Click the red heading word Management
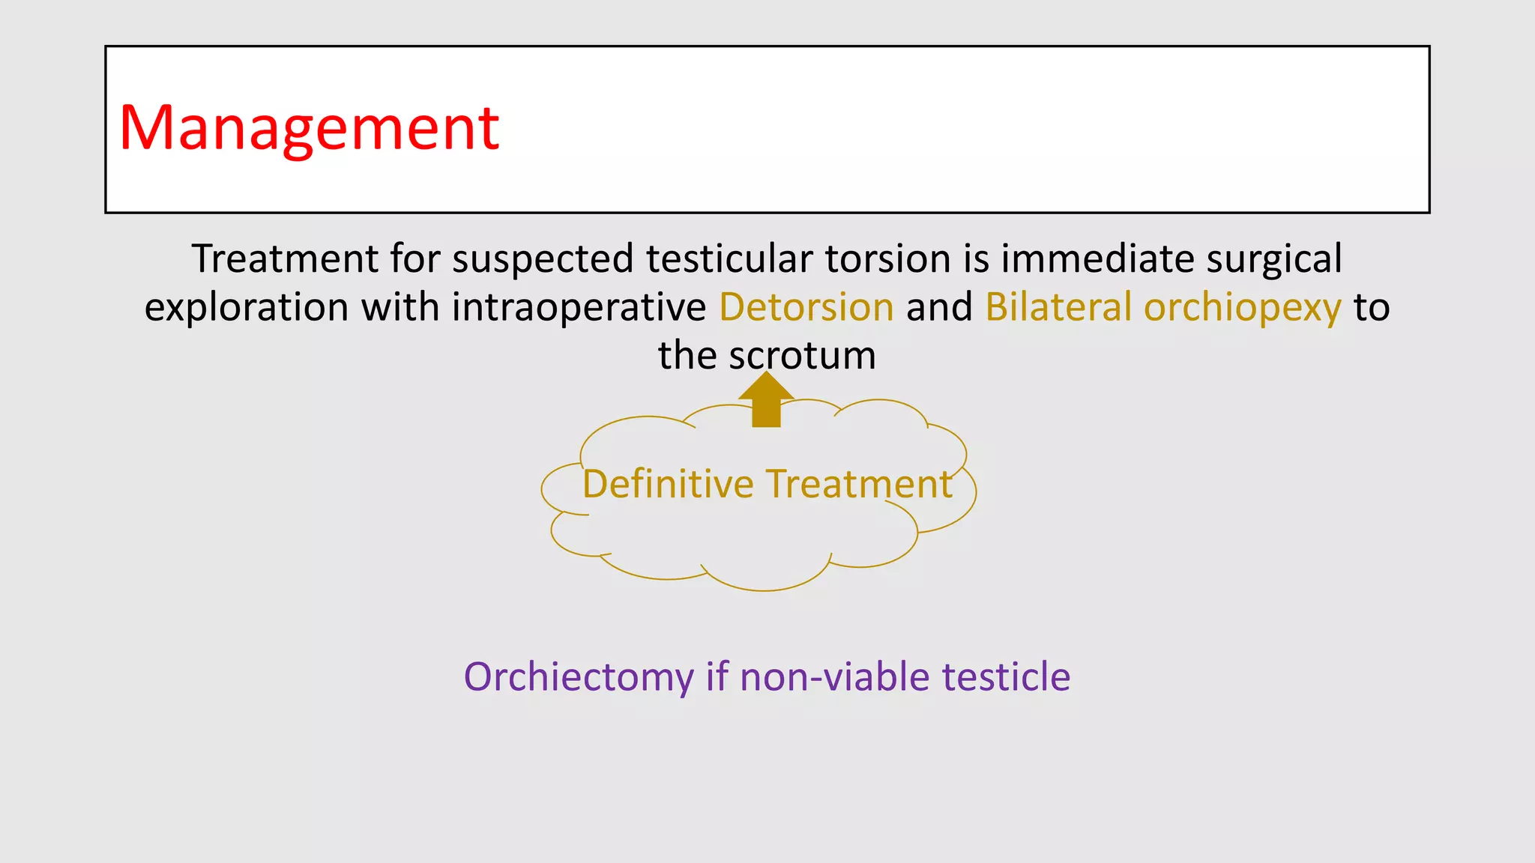coord(309,129)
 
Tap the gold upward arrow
coord(766,401)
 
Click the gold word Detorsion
coord(806,307)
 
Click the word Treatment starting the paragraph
coord(285,259)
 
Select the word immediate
coord(1097,259)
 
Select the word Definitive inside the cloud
coord(668,484)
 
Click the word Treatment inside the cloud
coord(859,484)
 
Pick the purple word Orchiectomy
coord(579,677)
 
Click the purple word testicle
coord(1006,677)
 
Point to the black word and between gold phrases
coord(939,307)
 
